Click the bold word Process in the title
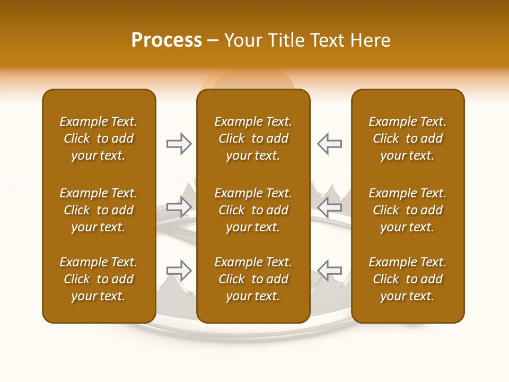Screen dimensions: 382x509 click(x=166, y=40)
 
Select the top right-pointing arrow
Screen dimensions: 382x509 click(x=179, y=144)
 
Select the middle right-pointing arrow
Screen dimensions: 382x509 click(x=179, y=207)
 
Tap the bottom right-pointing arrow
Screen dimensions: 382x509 click(x=179, y=271)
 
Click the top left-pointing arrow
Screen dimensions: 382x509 click(x=329, y=144)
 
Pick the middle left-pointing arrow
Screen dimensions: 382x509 click(x=329, y=207)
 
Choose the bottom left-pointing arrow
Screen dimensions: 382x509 click(x=329, y=271)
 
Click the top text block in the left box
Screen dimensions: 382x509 click(x=99, y=138)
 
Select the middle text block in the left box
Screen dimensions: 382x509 click(x=99, y=210)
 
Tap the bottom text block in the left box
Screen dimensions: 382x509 click(x=99, y=279)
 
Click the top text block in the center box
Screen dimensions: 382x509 click(x=253, y=138)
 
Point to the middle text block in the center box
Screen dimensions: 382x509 click(x=253, y=210)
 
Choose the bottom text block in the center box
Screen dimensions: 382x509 click(x=253, y=279)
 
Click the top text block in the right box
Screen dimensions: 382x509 click(x=407, y=138)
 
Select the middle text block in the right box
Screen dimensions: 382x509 click(x=407, y=210)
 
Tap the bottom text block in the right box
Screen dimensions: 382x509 click(x=407, y=279)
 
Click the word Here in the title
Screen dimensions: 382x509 click(x=371, y=40)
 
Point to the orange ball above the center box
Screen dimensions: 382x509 click(x=247, y=80)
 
